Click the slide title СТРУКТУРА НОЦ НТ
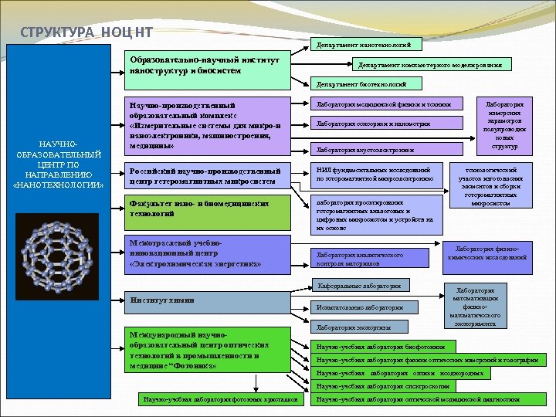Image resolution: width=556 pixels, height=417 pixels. (86, 32)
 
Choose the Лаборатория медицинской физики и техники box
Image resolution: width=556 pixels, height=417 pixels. (379, 104)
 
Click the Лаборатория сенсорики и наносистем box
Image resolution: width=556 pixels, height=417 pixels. (379, 124)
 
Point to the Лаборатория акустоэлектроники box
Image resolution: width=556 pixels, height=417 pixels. (379, 149)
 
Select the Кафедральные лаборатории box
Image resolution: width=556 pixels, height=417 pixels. (360, 286)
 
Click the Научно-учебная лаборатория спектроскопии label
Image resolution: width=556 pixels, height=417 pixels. (383, 385)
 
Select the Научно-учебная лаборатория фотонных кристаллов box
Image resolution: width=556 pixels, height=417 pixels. (220, 399)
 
